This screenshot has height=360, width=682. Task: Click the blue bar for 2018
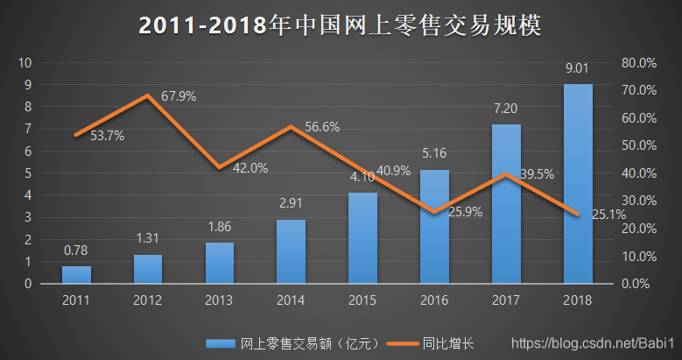point(578,184)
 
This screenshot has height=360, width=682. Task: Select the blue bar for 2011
point(76,274)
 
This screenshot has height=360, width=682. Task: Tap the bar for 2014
point(292,251)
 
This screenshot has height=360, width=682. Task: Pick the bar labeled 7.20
point(506,203)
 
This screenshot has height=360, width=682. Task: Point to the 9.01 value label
point(577,68)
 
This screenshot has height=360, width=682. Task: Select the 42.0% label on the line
point(250,167)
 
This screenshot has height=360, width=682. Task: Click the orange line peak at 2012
point(148,95)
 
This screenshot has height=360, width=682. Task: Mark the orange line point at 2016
point(434,212)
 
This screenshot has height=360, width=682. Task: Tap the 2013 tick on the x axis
point(220,300)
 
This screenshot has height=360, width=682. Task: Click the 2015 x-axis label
point(362,300)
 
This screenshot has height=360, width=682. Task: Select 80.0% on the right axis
point(638,63)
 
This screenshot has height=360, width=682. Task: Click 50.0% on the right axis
point(638,145)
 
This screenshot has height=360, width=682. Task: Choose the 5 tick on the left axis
point(28,173)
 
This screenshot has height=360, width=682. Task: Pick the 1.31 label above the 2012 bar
point(148,238)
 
